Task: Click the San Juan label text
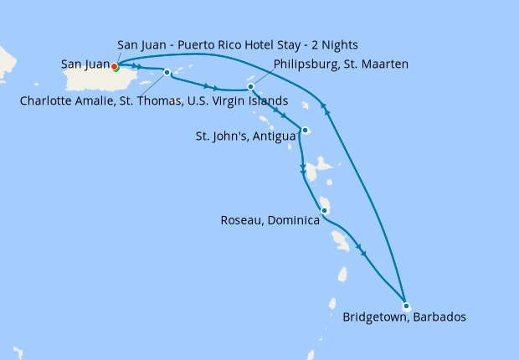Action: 85,63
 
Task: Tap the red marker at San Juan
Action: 114,67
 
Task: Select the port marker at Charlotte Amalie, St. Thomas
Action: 167,72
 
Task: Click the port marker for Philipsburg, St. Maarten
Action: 250,86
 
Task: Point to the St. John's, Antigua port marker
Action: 306,130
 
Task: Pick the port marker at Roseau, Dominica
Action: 324,211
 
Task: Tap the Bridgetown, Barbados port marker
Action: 405,305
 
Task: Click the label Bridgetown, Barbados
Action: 404,317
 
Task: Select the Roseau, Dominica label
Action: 270,221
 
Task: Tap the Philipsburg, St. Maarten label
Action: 341,63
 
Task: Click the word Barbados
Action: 438,317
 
